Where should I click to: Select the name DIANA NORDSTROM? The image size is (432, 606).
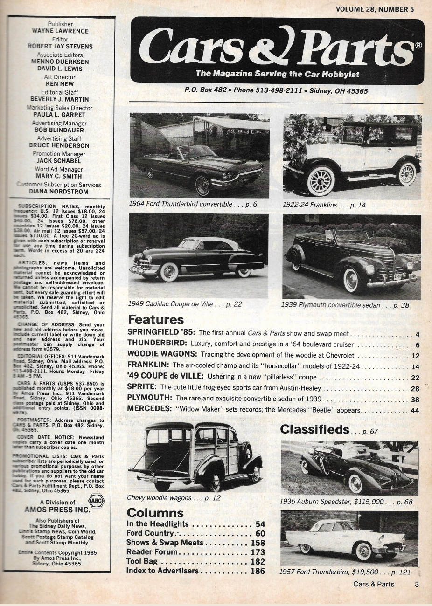[x=58, y=191]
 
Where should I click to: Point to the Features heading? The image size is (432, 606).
[x=156, y=320]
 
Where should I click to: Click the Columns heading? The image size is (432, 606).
[x=155, y=513]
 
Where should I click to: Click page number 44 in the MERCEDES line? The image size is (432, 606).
[x=415, y=411]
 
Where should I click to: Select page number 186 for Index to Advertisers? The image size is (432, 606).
[x=257, y=571]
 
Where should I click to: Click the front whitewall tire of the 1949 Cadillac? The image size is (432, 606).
[x=169, y=271]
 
